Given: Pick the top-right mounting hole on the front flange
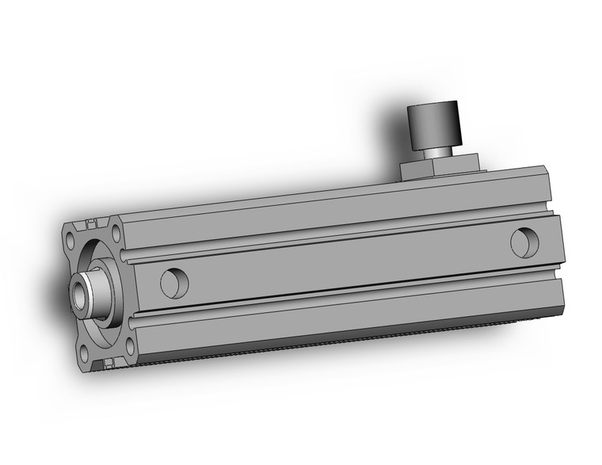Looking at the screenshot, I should coord(116,233).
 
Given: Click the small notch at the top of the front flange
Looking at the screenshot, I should coord(93,221).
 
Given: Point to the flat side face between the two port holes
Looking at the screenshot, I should coord(341,261).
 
